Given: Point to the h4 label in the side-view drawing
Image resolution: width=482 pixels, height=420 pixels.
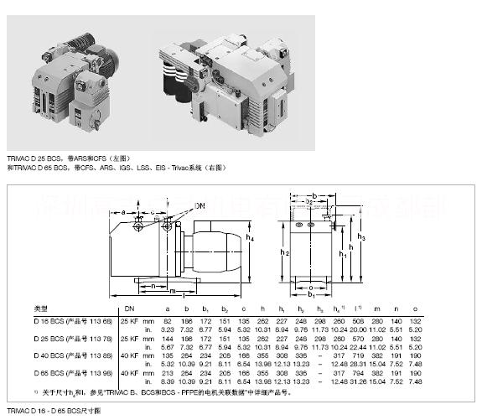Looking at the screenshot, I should (x=251, y=237).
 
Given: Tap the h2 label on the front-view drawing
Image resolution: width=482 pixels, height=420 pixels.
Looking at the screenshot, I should (x=284, y=252).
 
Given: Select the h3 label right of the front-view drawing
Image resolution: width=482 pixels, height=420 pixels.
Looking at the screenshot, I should (x=361, y=237).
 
